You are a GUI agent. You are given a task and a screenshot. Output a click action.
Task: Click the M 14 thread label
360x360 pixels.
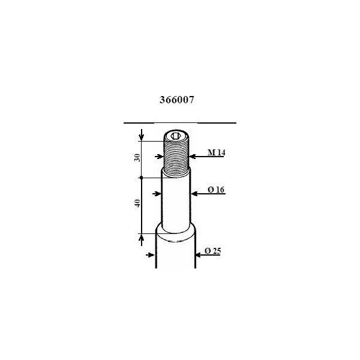(x=216, y=154)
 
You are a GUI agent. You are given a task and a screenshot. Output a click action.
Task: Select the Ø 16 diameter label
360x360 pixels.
(x=216, y=190)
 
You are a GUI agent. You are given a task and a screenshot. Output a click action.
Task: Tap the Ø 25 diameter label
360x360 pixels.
(x=213, y=251)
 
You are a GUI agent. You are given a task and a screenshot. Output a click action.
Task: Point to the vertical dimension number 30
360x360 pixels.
(x=137, y=157)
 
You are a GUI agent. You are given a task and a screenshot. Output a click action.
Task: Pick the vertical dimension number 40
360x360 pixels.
(x=137, y=204)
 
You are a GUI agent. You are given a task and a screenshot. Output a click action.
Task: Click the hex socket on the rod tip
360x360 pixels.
(x=177, y=136)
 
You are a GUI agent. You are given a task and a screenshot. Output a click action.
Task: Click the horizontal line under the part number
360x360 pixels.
(x=179, y=122)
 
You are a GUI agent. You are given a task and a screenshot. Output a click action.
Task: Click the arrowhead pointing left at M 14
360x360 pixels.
(x=193, y=156)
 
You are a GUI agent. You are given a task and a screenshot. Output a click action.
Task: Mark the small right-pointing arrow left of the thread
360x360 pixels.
(x=160, y=156)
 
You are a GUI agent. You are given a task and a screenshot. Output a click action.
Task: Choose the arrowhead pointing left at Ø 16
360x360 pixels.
(x=194, y=193)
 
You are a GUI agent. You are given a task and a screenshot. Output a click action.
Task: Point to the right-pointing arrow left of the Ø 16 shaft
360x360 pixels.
(x=159, y=193)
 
